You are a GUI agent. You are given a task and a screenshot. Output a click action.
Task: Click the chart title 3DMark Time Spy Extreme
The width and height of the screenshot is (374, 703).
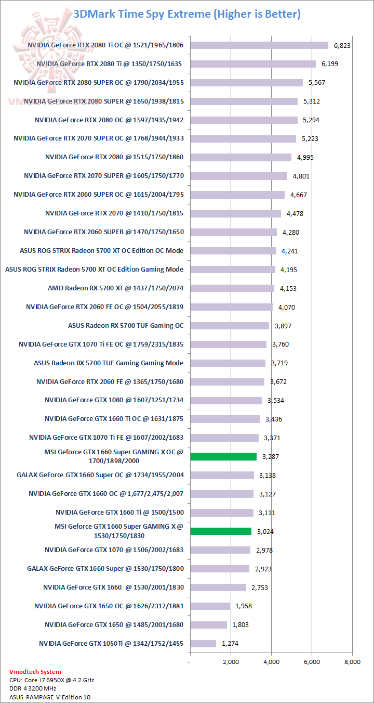click(187, 14)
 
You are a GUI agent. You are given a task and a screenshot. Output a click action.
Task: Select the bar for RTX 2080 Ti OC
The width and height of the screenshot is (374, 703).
click(259, 45)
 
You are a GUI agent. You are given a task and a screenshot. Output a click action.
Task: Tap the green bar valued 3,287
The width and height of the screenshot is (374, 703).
click(223, 457)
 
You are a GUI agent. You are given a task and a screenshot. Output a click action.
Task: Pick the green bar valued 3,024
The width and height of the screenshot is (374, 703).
click(221, 531)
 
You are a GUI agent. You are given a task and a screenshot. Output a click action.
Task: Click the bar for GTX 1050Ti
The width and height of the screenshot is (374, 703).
click(203, 644)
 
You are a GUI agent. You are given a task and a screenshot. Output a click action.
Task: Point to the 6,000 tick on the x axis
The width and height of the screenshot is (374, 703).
click(312, 662)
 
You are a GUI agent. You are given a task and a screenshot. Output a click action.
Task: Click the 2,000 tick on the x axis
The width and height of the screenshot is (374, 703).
click(231, 662)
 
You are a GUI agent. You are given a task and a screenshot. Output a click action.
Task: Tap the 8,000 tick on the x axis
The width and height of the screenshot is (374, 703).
click(352, 662)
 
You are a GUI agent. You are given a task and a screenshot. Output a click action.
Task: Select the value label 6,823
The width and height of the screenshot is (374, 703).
click(342, 46)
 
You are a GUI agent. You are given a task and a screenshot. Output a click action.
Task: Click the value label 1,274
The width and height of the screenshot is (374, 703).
click(230, 644)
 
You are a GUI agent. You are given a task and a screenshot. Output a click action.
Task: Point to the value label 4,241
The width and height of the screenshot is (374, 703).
click(290, 251)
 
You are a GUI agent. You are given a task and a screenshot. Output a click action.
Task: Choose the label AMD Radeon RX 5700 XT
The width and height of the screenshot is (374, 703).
click(116, 288)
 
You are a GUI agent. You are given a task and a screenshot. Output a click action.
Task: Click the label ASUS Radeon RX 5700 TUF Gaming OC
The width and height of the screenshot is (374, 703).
click(126, 326)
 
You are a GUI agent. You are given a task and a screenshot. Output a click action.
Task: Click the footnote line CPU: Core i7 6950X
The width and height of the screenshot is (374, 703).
click(51, 680)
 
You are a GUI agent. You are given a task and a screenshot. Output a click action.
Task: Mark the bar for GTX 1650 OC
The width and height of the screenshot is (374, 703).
click(210, 606)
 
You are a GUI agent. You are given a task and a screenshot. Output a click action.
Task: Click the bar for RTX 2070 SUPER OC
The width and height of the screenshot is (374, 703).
click(243, 138)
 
